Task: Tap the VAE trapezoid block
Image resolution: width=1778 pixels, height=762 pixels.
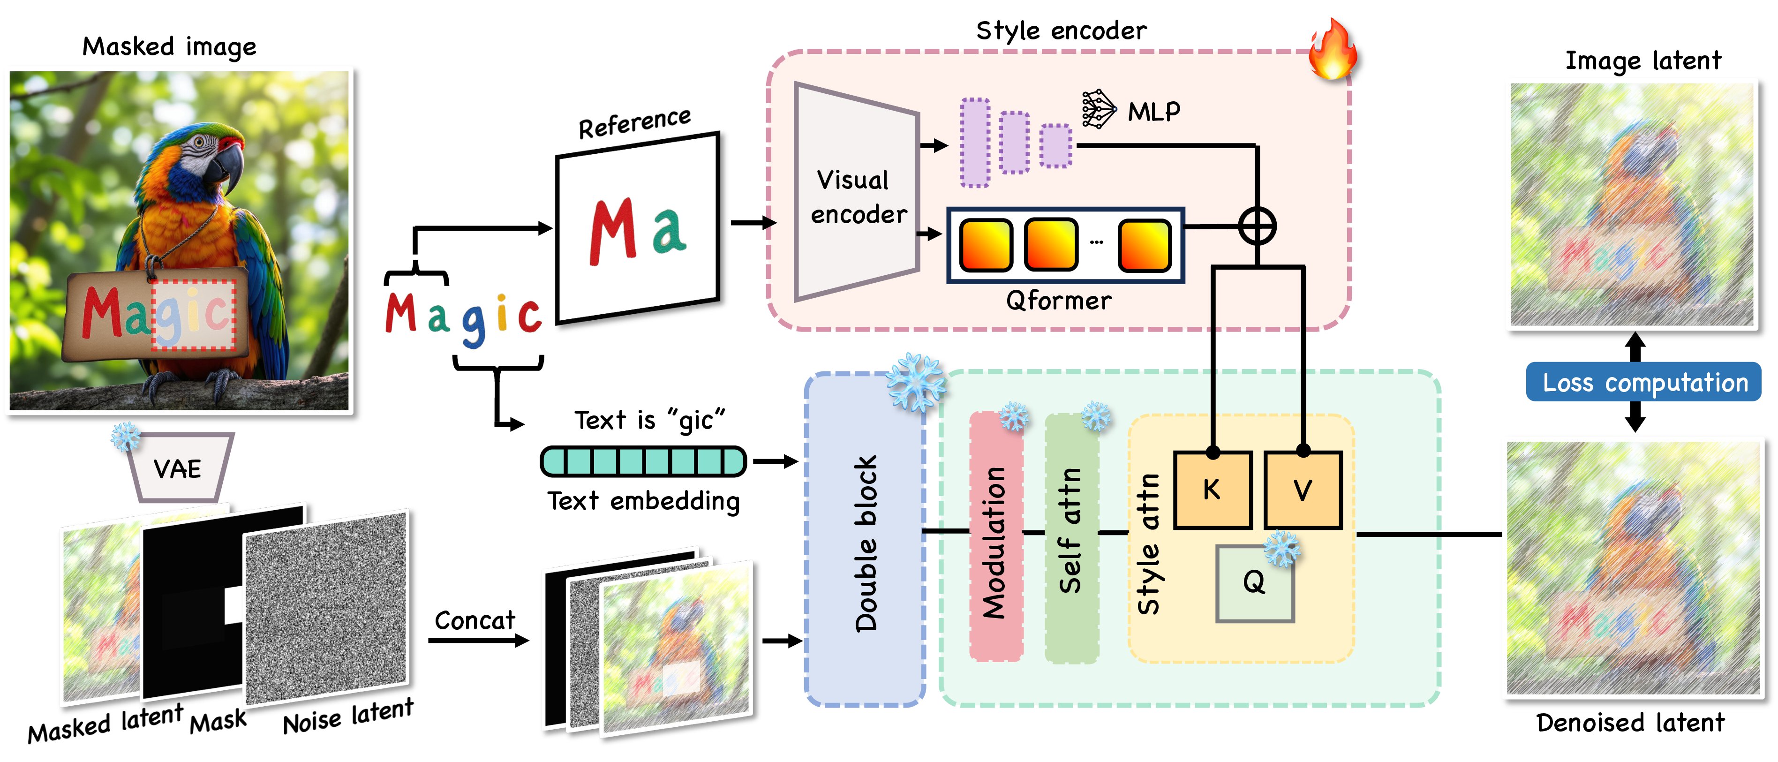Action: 178,468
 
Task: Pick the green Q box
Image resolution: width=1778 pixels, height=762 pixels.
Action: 1254,583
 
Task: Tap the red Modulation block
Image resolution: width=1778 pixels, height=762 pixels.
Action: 995,536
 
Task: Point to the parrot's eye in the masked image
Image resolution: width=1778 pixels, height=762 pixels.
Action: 199,143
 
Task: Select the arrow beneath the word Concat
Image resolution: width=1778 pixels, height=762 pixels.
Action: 478,641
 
